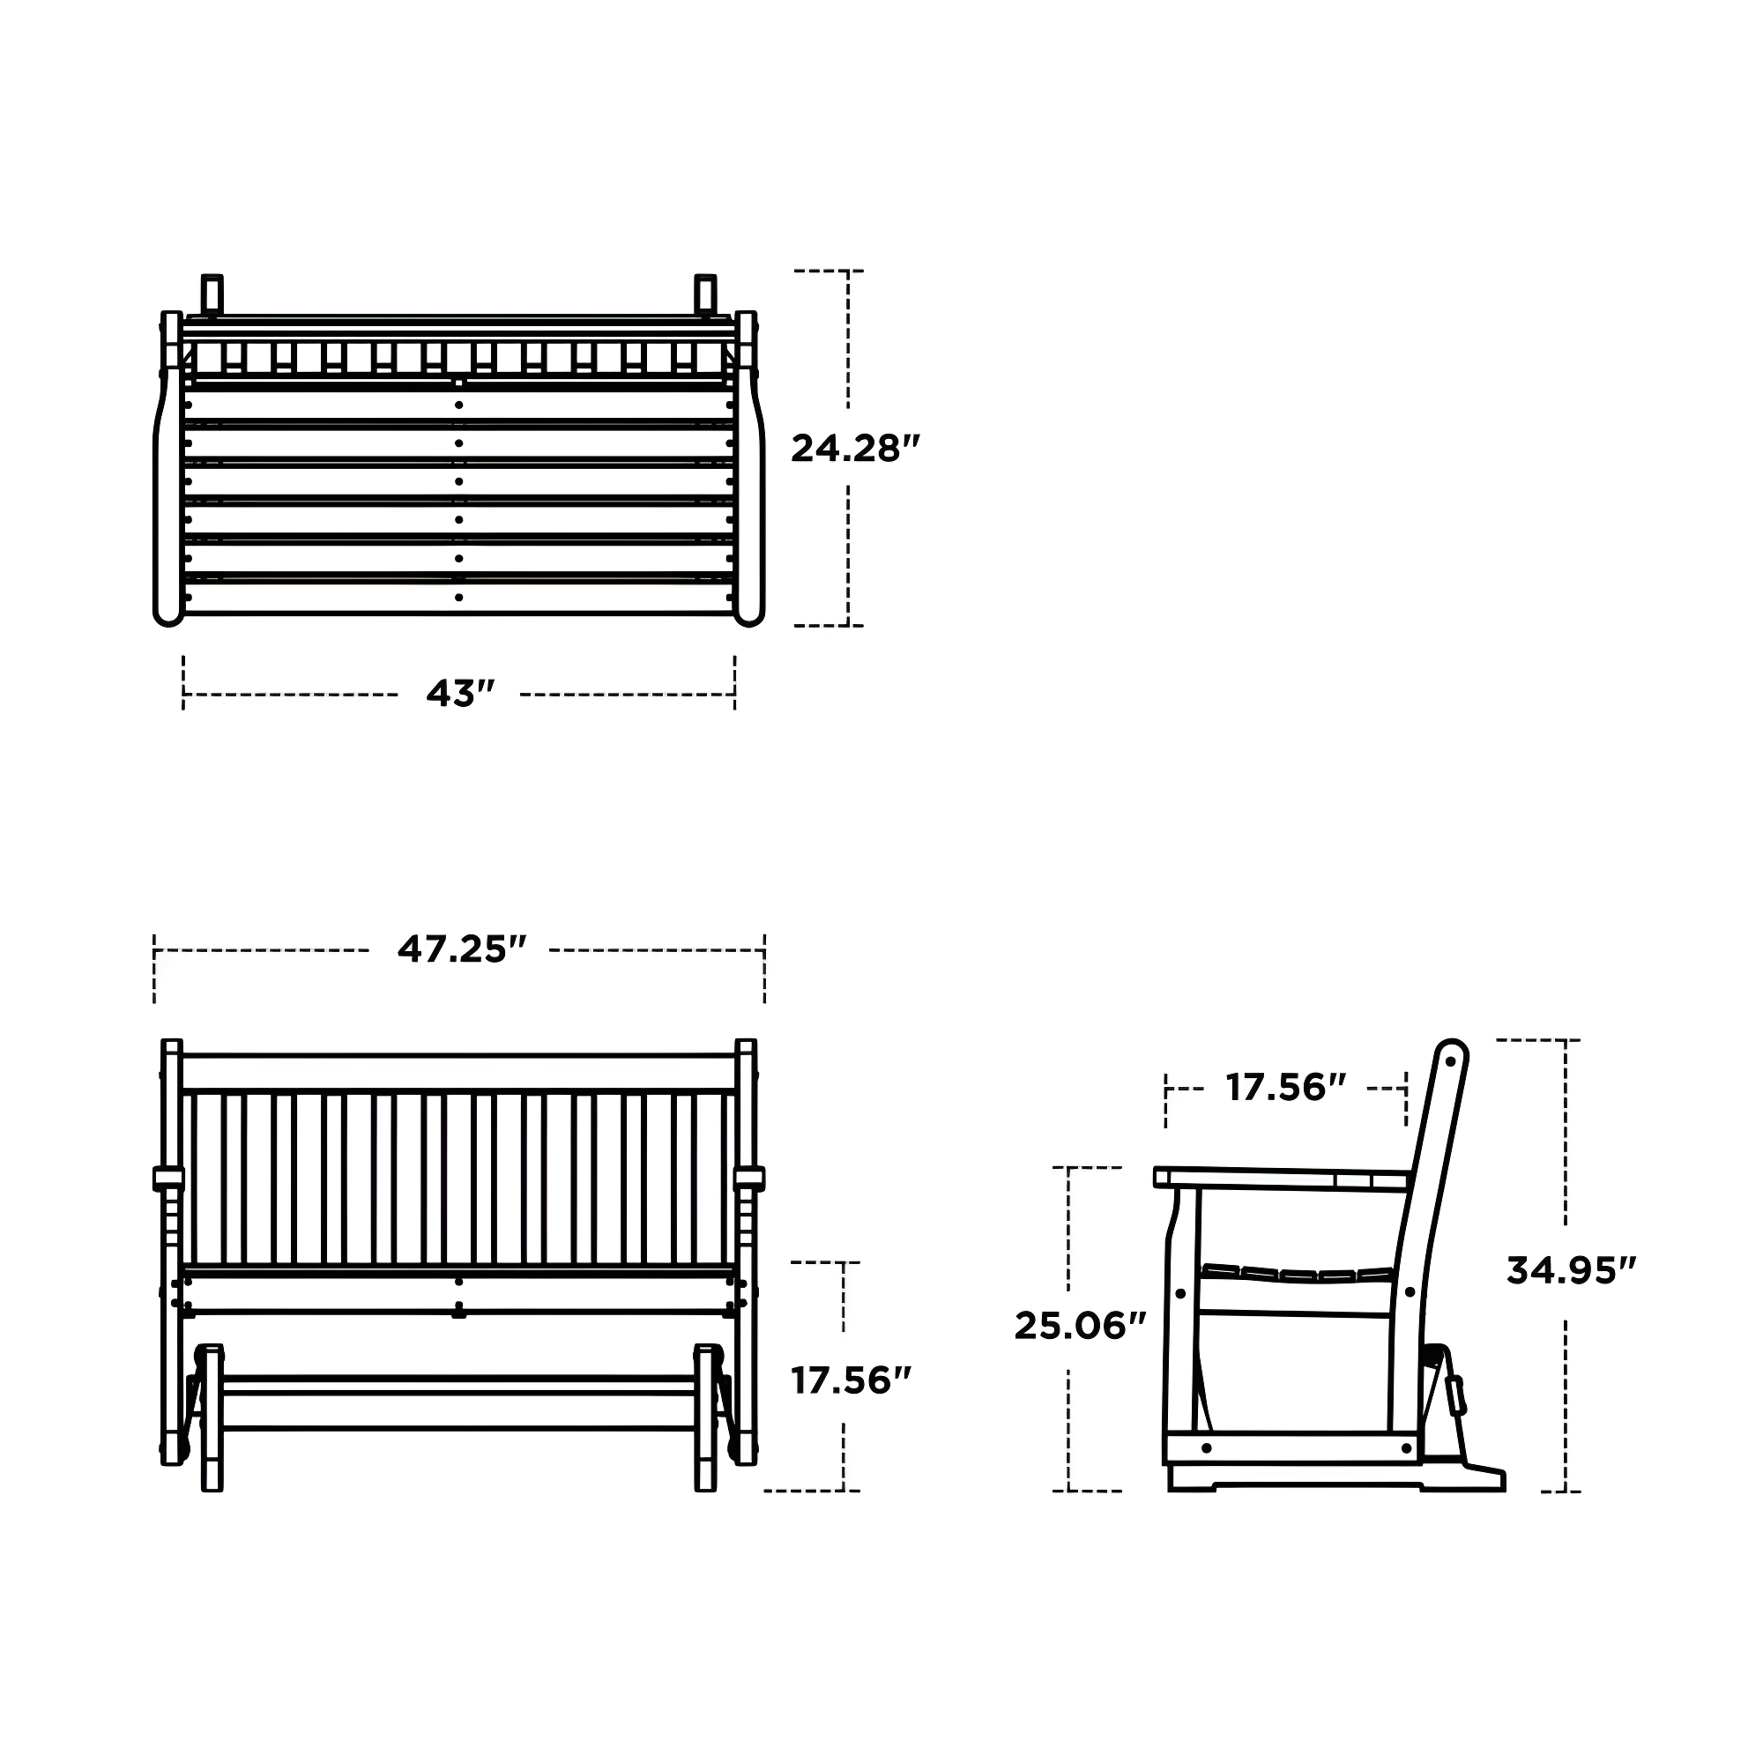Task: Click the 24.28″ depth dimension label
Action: tap(854, 448)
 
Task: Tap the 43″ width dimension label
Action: tap(460, 694)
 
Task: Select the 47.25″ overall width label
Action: tap(462, 949)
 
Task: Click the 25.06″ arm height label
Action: tap(1080, 1326)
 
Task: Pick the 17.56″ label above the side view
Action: tap(1286, 1088)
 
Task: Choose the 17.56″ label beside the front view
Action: tap(851, 1380)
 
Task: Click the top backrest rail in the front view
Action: tap(459, 1073)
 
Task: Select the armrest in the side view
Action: tap(1277, 1179)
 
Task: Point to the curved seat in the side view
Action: tap(1296, 1274)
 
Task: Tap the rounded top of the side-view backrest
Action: tap(1450, 1053)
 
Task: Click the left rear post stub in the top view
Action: tap(212, 293)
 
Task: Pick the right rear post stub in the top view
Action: tap(705, 293)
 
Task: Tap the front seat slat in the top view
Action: tap(459, 598)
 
